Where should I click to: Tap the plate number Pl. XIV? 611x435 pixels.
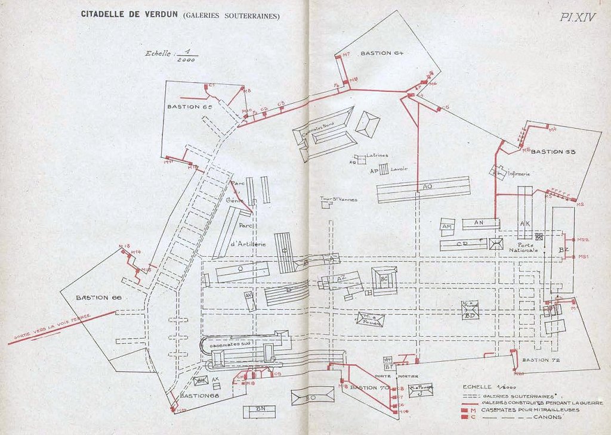coord(578,17)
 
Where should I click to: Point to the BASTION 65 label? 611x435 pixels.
coord(190,107)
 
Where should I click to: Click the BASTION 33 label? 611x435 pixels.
coord(553,151)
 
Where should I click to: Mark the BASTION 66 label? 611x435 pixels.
coord(98,297)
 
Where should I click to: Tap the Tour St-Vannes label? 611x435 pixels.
coord(338,199)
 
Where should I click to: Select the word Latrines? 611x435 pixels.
coord(377,156)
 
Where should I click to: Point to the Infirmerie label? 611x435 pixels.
coord(520,174)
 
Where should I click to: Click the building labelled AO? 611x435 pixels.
coord(426,187)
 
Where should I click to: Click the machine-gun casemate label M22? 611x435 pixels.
coord(583,240)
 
